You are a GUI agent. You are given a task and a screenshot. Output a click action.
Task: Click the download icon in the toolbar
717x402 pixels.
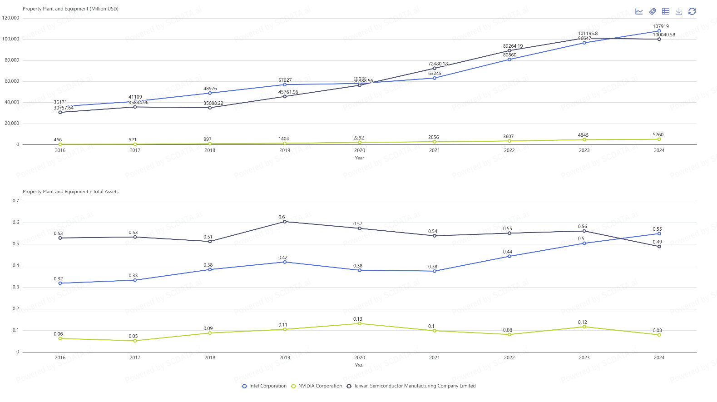click(x=679, y=11)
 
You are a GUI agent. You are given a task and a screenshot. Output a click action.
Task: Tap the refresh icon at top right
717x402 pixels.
click(x=692, y=11)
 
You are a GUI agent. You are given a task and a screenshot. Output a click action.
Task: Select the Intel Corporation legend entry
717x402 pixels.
click(x=264, y=386)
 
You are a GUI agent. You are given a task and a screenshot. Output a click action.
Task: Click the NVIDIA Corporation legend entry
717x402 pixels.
click(x=316, y=386)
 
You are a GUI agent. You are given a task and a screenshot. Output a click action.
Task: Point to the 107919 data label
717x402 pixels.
click(x=661, y=26)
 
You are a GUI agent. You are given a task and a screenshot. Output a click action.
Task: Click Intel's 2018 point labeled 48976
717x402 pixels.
click(x=210, y=93)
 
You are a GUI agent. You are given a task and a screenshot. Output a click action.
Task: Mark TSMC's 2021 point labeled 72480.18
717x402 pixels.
click(x=435, y=68)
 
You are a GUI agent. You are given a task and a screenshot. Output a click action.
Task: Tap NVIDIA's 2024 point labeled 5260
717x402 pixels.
click(x=659, y=139)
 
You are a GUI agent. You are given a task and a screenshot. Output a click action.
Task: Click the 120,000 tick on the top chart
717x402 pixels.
click(x=11, y=18)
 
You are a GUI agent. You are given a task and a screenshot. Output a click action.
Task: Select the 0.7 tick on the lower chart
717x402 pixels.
click(x=16, y=201)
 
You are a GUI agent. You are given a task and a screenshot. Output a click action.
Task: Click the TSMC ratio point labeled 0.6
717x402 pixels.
click(x=285, y=222)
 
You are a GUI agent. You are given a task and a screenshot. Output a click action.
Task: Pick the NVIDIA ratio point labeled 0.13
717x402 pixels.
click(x=360, y=323)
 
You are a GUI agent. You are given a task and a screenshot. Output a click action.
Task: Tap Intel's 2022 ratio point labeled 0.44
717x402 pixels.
click(x=509, y=256)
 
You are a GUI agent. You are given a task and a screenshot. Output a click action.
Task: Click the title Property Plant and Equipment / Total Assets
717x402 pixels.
click(x=70, y=192)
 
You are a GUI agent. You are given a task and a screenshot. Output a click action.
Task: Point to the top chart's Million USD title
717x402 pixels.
click(x=70, y=9)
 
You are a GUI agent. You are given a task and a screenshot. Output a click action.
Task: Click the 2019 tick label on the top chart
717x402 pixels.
click(x=285, y=150)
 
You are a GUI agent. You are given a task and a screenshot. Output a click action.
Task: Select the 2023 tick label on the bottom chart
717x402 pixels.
click(x=584, y=358)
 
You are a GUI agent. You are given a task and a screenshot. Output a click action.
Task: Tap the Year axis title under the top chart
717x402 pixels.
click(x=360, y=158)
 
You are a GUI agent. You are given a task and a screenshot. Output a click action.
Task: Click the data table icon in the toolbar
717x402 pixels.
click(x=666, y=11)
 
